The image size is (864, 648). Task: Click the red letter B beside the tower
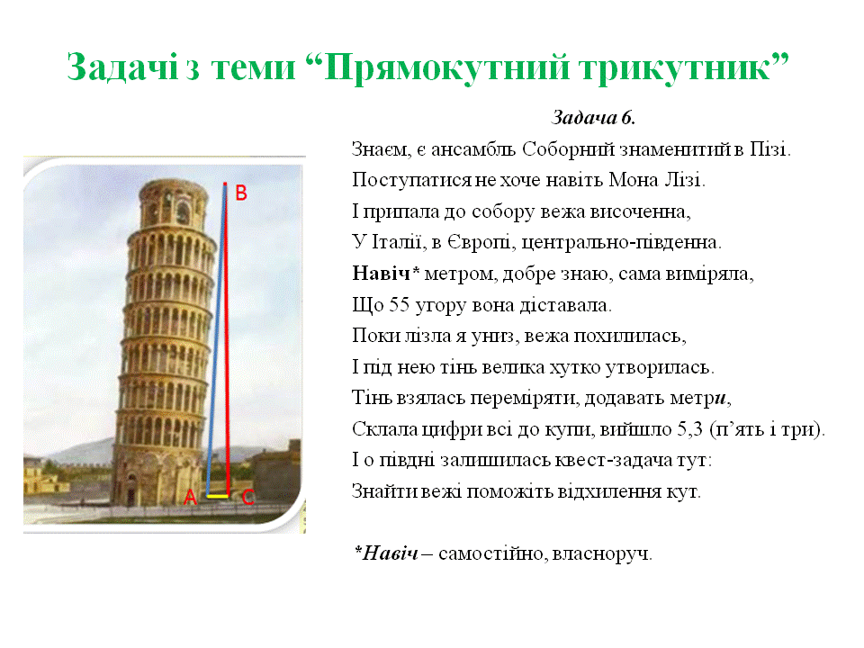coord(241,193)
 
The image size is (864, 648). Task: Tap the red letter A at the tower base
coord(190,497)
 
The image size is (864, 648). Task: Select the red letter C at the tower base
coord(248,497)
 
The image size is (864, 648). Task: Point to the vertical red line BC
coord(228,342)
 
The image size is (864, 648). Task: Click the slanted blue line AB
coord(216,342)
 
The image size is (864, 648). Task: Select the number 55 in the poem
coord(400,304)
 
